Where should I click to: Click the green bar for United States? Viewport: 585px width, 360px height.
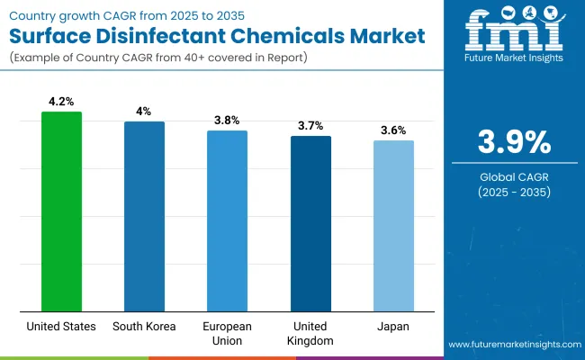61,211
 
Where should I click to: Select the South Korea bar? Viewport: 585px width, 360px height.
144,216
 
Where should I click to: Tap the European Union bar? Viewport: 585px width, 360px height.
227,220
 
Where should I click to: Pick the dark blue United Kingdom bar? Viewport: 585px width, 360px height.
310,223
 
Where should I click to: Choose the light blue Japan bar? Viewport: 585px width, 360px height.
393,225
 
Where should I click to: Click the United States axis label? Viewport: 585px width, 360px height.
61,327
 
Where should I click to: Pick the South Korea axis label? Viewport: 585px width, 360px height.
144,327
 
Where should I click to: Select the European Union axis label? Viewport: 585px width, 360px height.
227,333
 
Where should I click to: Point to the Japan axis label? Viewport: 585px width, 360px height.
393,327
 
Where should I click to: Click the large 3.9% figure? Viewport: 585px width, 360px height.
512,142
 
